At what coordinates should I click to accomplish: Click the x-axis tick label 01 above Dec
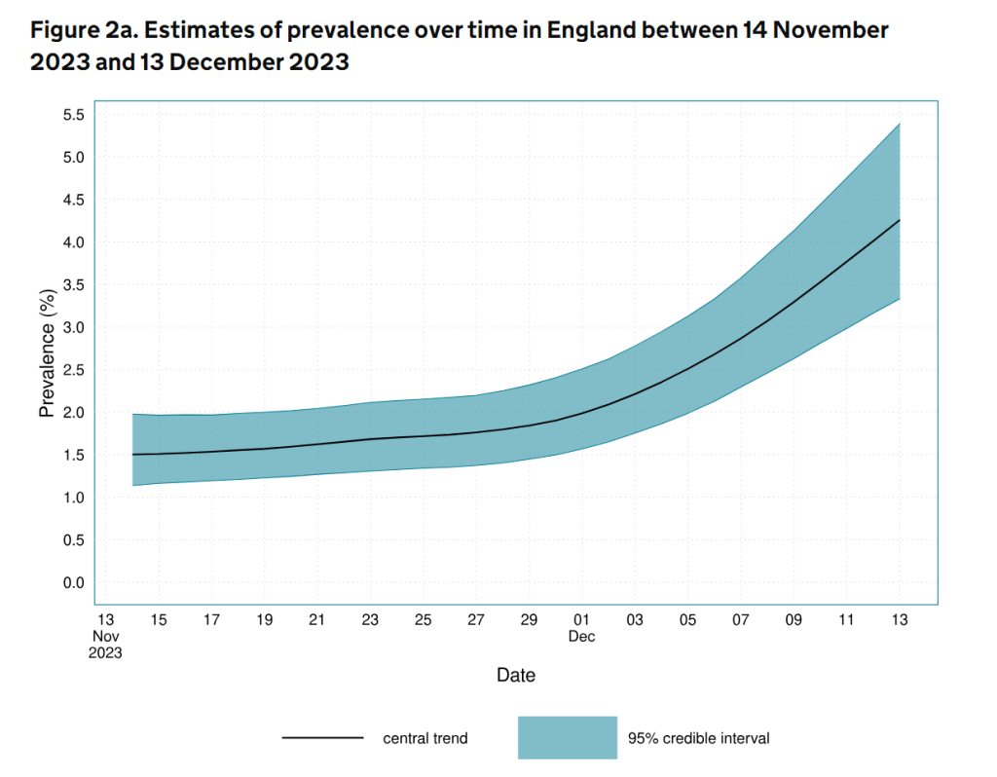(x=581, y=620)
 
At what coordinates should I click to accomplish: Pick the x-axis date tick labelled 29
(x=529, y=620)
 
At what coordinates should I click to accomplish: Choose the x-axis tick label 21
(x=316, y=620)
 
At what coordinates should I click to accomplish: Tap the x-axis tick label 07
(x=740, y=620)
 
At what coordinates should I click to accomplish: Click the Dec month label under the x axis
(x=581, y=637)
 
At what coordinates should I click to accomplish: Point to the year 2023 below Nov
(x=105, y=653)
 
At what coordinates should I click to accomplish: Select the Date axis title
(x=515, y=675)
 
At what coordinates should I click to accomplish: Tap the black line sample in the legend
(x=322, y=738)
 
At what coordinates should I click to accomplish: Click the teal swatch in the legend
(x=568, y=738)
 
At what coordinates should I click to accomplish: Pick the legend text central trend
(x=425, y=738)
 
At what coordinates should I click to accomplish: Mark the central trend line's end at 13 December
(x=899, y=221)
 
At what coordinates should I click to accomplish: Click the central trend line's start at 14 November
(x=132, y=455)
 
